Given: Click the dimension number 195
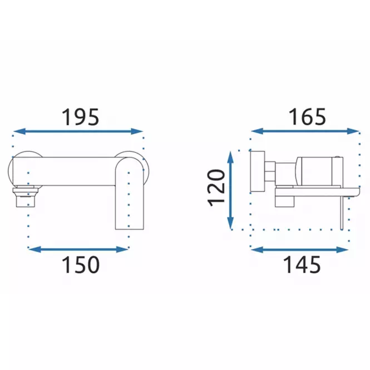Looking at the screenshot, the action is pos(80,117).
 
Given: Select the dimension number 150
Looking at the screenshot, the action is pos(81,264).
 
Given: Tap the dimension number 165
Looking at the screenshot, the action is pos(307,117).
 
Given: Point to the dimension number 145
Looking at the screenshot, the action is pos(302,264).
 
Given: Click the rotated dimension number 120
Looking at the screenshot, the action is pos(216,188).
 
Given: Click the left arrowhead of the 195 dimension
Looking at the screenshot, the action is pos(19,131).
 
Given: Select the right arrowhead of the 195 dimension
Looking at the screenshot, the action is pos(137,131).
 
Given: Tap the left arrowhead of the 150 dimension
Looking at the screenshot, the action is pos(34,249).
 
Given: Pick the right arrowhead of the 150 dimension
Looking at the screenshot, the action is pos(122,249).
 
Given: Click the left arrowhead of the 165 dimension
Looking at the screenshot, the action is pos(257,131).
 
